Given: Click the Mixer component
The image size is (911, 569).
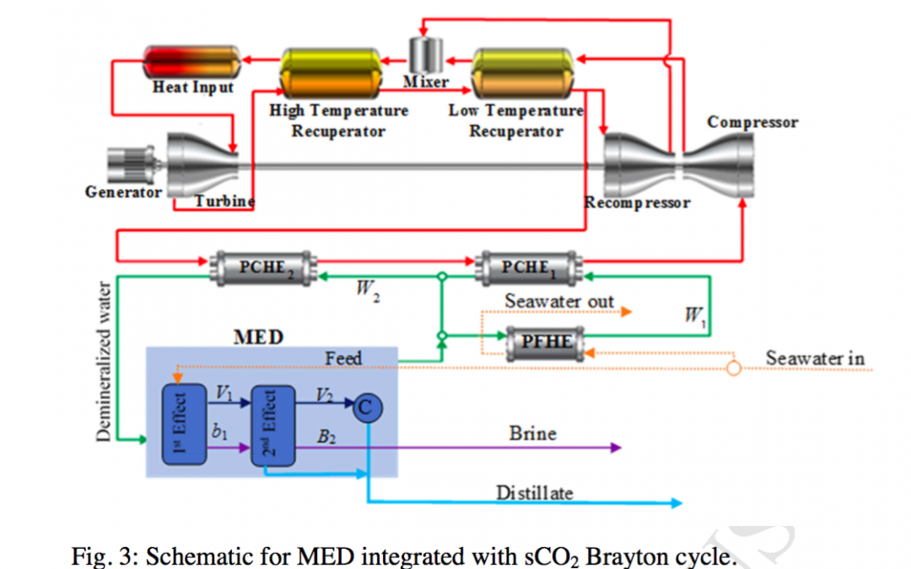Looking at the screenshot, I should tap(427, 55).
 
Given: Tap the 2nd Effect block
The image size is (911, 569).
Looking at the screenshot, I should tap(273, 426).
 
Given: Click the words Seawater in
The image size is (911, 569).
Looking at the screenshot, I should tap(814, 358).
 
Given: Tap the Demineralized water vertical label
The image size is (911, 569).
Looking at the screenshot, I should tap(102, 360).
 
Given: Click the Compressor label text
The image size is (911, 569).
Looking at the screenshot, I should tap(752, 121).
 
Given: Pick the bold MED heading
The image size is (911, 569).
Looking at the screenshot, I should tap(257, 337).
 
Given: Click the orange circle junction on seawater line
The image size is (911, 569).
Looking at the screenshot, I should tap(734, 368).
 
